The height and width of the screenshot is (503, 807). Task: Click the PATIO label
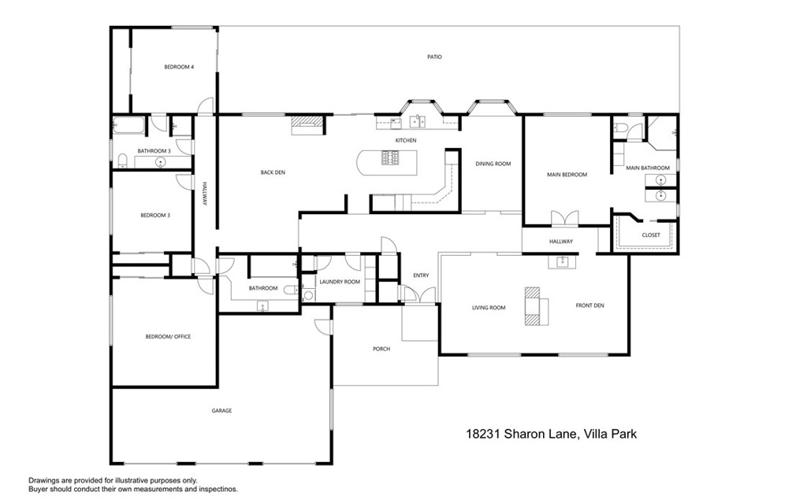[434, 57]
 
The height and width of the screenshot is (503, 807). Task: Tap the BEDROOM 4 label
[179, 67]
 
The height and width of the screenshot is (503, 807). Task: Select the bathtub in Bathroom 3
[129, 124]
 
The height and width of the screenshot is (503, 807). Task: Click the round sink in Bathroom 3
[162, 162]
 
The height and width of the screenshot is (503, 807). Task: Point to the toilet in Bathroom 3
[122, 161]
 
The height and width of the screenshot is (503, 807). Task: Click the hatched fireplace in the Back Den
[307, 122]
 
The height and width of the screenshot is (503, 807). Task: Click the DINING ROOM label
[493, 164]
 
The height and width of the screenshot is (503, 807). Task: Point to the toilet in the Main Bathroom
[621, 128]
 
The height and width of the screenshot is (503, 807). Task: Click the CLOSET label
[651, 235]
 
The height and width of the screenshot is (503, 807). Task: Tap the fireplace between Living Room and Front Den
[536, 306]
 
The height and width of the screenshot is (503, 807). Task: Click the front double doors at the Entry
[417, 296]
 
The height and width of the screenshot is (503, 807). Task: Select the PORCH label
[381, 349]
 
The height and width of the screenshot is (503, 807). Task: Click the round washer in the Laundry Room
[308, 296]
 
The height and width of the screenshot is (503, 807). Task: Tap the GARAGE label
[221, 410]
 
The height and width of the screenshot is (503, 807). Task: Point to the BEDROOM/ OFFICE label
[168, 336]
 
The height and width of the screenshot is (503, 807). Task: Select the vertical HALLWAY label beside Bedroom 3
[204, 194]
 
